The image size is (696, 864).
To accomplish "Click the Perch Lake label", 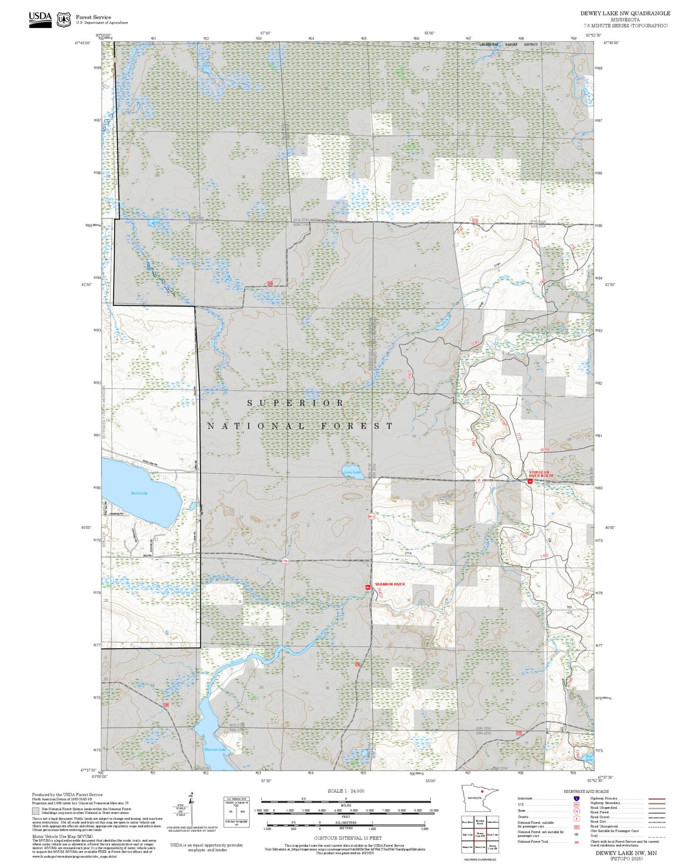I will click(x=139, y=493).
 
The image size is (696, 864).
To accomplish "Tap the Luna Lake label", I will click(x=352, y=472).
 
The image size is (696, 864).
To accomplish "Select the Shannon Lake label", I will click(x=214, y=749).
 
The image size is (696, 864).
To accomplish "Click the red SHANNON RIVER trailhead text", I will click(x=390, y=584).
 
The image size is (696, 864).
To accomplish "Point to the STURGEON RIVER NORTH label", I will click(x=541, y=474).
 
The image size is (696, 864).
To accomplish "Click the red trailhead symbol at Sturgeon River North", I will click(x=530, y=481).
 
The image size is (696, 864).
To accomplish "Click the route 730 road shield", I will click(x=285, y=561).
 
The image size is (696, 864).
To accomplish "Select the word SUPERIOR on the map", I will click(x=295, y=403).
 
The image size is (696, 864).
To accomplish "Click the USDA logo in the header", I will click(x=40, y=18).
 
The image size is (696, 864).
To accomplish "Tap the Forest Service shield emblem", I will click(x=64, y=20).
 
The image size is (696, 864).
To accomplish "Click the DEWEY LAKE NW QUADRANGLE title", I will click(x=625, y=13).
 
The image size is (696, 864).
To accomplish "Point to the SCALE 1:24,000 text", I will click(x=346, y=791).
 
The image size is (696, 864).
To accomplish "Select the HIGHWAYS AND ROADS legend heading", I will click(x=586, y=791).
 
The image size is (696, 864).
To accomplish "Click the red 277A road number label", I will click(x=407, y=553).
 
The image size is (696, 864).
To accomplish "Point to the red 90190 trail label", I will click(x=545, y=449).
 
